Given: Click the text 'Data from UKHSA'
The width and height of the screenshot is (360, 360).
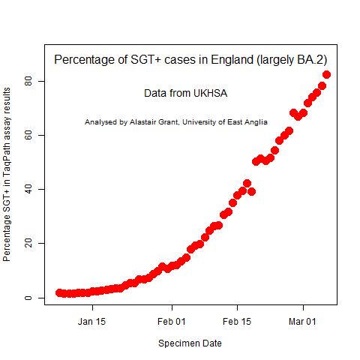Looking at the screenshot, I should click(185, 94).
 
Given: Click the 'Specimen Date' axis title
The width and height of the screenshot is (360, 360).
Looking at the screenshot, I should click(190, 343).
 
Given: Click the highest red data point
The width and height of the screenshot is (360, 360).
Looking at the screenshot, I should click(327, 74).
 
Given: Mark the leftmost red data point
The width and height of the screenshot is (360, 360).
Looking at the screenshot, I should click(60, 292).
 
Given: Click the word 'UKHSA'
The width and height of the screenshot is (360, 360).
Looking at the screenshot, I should click(210, 94).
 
